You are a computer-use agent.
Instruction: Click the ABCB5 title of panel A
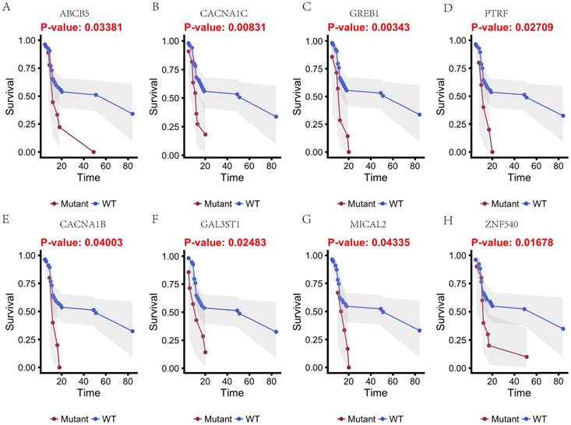point(75,14)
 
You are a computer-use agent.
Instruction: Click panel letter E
point(5,219)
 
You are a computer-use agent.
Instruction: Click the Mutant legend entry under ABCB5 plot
point(69,204)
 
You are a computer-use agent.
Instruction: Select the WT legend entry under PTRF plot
point(538,204)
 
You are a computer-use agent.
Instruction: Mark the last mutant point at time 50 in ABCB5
point(94,152)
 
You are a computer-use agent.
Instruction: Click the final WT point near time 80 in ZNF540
point(563,328)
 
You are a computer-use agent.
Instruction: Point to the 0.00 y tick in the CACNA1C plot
point(166,152)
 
